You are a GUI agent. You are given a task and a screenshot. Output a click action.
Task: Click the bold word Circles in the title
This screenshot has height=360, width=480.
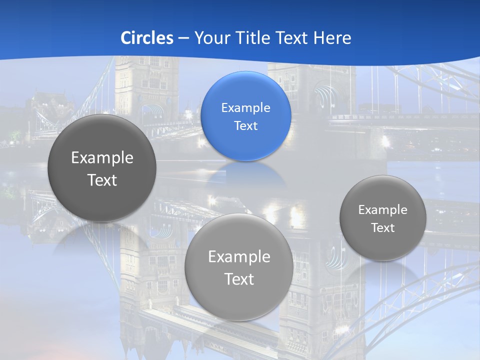point(147,37)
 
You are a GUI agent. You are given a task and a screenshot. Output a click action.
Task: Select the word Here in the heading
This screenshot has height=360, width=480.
point(332,37)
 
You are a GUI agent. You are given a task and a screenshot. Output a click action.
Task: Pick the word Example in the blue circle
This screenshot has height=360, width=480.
point(245,107)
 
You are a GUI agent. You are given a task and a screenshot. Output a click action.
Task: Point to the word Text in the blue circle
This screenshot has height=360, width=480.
point(245,125)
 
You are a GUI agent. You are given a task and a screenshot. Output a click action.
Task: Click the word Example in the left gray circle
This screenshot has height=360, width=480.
point(102,157)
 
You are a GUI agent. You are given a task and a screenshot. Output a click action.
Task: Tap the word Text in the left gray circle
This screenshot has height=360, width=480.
point(102,180)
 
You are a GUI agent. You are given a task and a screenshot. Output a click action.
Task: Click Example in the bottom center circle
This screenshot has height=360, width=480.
point(239,256)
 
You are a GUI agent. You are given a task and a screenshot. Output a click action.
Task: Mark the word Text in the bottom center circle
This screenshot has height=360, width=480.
point(239,279)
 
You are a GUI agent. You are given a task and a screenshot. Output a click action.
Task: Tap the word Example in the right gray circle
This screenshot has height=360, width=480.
point(383,210)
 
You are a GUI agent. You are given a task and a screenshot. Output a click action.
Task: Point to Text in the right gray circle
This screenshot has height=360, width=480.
point(383,228)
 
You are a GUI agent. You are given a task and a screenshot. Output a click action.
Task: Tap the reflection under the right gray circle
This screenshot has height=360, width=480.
point(383,272)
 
